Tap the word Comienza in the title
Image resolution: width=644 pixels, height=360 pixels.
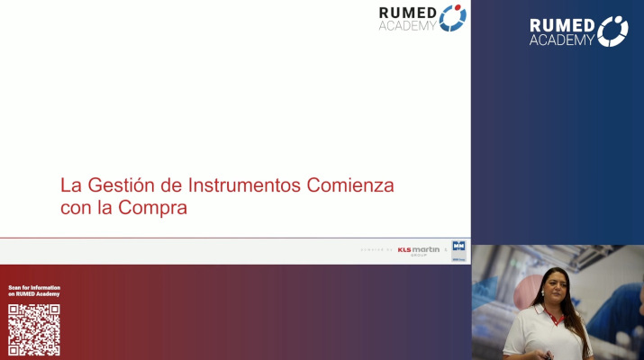coord(351,186)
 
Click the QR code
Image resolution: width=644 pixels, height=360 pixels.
coord(34,329)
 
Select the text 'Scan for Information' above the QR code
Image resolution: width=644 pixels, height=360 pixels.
coord(33,288)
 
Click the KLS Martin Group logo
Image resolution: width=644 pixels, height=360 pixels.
coord(419,250)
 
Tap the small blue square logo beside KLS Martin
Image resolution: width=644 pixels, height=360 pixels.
coord(459,248)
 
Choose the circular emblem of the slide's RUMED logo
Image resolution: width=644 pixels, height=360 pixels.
coord(452,18)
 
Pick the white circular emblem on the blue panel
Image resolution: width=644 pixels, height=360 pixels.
coord(612,31)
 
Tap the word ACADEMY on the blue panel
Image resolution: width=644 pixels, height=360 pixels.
coord(562,40)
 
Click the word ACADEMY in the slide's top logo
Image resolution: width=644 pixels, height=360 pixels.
coord(407,25)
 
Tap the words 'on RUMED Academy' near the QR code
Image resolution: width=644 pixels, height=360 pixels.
coord(33,295)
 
